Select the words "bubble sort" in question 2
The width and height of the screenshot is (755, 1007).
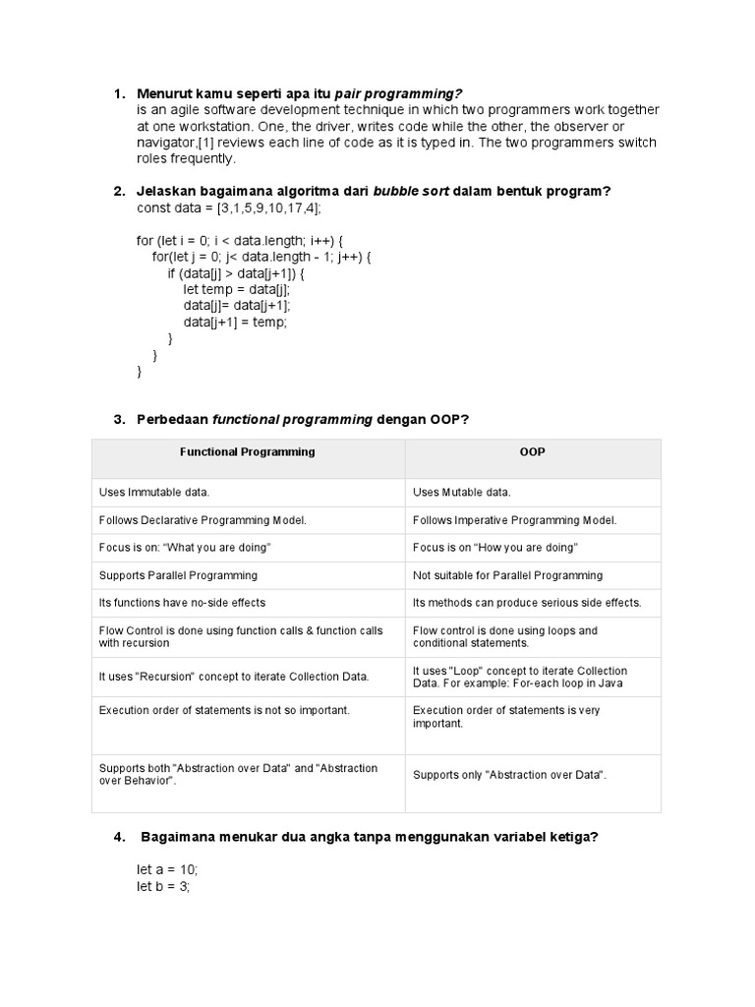coord(411,191)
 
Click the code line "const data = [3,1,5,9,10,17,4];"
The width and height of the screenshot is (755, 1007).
coord(228,208)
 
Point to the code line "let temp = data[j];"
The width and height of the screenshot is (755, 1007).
coord(237,289)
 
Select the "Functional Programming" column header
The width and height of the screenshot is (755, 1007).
coord(248,452)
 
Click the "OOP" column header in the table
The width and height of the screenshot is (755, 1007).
coord(532,452)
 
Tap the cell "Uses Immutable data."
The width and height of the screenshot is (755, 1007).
coord(154,492)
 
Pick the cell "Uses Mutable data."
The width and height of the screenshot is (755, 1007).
coord(461,492)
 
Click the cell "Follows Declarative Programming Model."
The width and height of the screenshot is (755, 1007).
coord(203,520)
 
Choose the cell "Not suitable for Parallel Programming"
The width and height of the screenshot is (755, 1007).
coord(507,575)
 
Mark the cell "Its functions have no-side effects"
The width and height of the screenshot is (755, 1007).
coord(182,602)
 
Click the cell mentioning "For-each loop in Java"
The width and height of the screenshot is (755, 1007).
coord(519,677)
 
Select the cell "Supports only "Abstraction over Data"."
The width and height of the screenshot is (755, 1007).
coord(509,775)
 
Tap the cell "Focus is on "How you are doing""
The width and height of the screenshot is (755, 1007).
coord(494,547)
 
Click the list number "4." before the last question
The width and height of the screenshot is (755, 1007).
coord(120,837)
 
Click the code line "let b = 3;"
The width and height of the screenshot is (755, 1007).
coord(163,886)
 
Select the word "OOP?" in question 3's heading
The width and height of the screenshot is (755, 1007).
coord(449,420)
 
